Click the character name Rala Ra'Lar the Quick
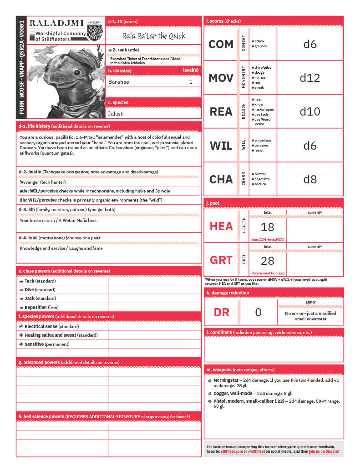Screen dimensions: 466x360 click(x=154, y=36)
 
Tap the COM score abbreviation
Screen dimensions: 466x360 click(x=221, y=44)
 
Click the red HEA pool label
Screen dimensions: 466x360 click(x=221, y=226)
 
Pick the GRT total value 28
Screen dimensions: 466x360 click(x=268, y=260)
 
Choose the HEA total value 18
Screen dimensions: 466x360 click(x=268, y=226)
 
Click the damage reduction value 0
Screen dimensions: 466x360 click(x=258, y=312)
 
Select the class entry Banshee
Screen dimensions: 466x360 click(x=119, y=82)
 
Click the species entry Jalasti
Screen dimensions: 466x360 click(x=116, y=113)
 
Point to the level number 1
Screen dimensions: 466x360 click(x=191, y=82)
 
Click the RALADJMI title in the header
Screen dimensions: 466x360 click(x=56, y=22)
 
